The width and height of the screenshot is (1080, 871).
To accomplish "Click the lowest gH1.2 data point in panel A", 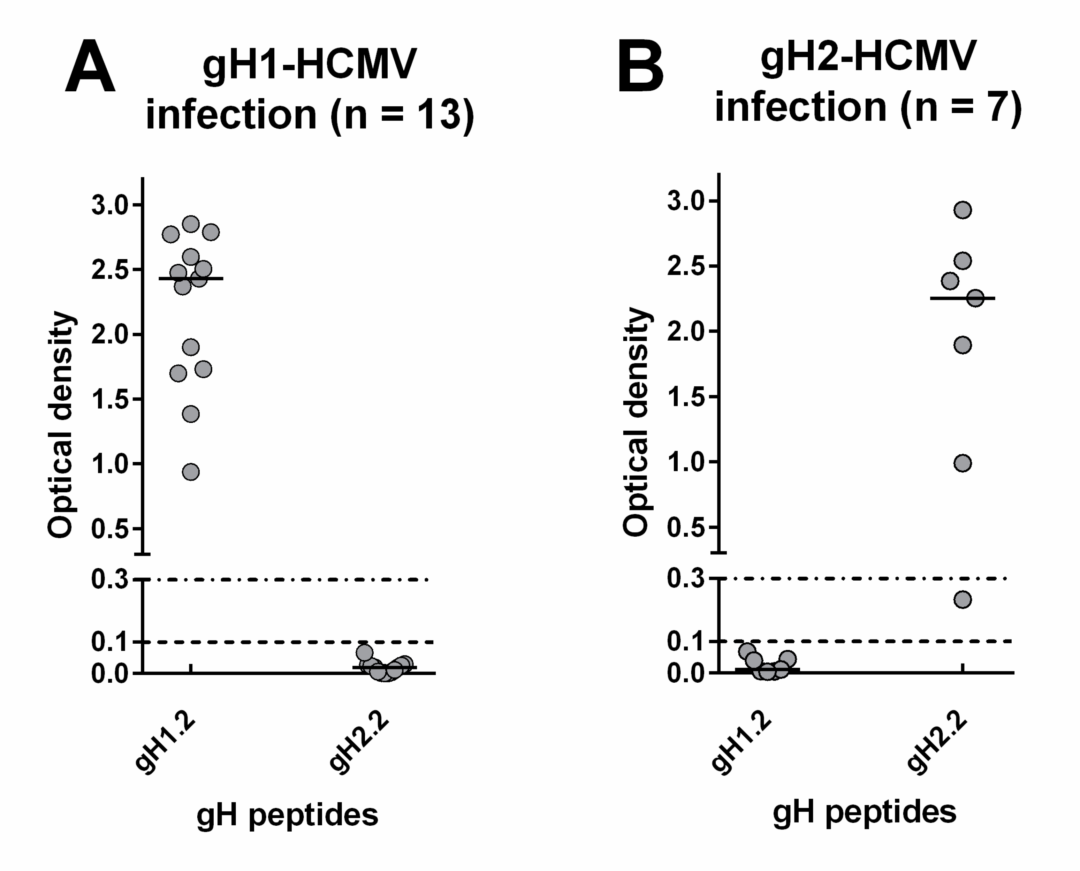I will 191,472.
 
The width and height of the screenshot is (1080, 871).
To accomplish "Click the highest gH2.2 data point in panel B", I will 963,210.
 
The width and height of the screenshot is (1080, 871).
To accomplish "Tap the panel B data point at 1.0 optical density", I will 963,463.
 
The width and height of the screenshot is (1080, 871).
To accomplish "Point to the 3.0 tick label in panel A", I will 110,206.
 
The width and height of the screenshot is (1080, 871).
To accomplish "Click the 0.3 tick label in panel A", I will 110,580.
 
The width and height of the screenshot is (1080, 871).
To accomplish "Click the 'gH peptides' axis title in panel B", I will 864,813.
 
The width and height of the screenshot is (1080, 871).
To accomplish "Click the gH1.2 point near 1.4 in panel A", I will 191,414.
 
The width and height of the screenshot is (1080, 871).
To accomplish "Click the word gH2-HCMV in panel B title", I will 868,56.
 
